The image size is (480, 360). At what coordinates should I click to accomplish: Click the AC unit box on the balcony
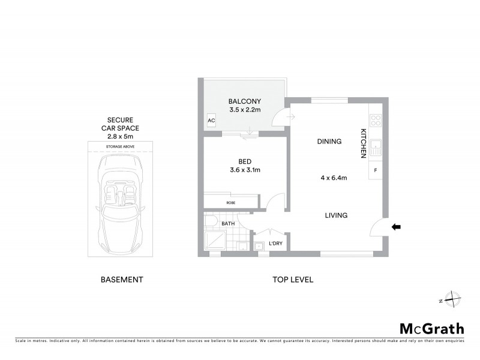click(211, 120)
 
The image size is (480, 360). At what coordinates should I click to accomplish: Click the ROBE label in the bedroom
click(231, 203)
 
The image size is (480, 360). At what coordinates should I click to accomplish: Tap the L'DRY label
click(276, 243)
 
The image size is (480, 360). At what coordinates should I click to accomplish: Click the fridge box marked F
click(376, 171)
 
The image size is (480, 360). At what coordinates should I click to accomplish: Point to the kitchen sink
click(376, 146)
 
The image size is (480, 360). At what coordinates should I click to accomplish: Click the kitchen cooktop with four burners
click(376, 120)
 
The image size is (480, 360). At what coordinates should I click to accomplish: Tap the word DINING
click(329, 142)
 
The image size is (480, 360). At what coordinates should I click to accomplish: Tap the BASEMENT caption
click(121, 280)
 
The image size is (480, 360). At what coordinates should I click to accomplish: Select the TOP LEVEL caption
click(293, 280)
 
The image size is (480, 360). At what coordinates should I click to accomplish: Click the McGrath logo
click(431, 328)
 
